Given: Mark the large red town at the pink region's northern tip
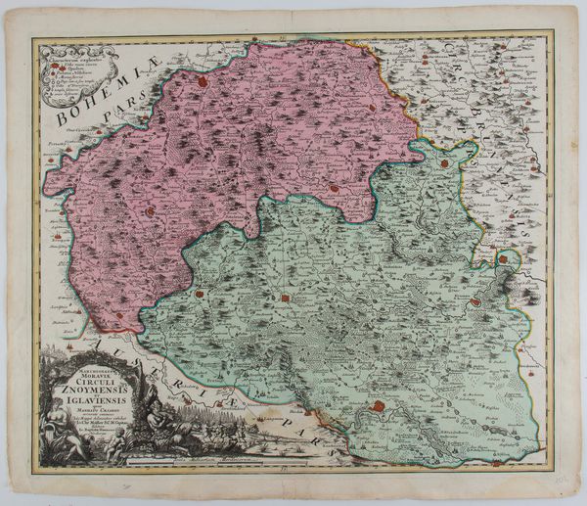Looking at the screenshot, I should [203, 83].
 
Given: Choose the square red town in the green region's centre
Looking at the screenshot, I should [286, 298].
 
